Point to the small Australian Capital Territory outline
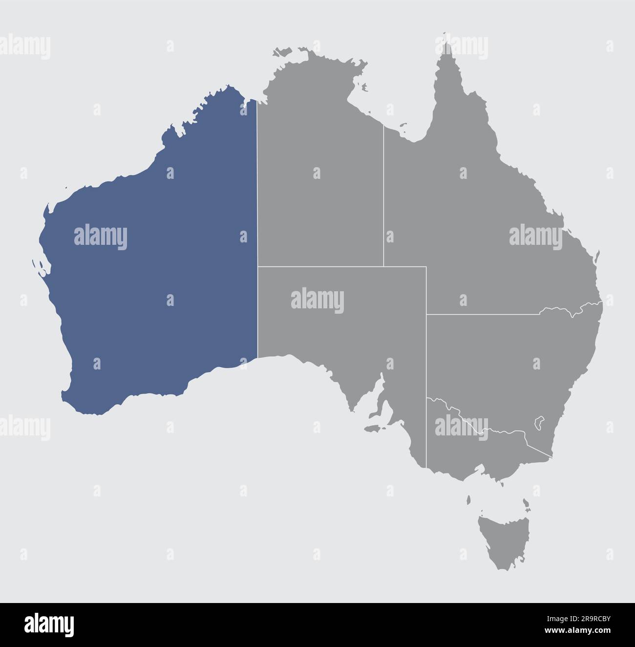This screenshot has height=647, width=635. pos(540,422)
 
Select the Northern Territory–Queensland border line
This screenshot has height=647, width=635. pos(383,195)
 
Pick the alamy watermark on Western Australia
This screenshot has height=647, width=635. pos(100,237)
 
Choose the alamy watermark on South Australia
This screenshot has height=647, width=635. pos(317,301)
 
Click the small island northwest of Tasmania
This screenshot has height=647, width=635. pos(468,500)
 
